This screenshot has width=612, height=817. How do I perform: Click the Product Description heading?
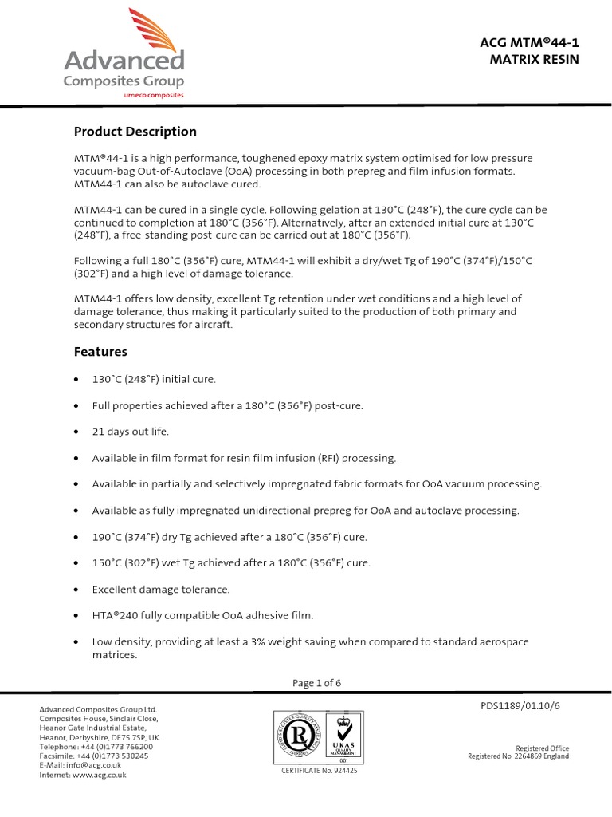[135, 132]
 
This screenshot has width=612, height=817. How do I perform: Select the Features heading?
[100, 351]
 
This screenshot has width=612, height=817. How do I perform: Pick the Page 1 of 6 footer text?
[316, 683]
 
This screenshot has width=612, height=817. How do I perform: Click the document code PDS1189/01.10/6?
[525, 706]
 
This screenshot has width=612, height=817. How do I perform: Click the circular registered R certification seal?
[299, 734]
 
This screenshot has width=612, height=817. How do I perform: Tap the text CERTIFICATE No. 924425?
[320, 771]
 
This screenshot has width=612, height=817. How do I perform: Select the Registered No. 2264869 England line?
[518, 756]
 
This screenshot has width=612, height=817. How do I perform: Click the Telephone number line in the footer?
[96, 746]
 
